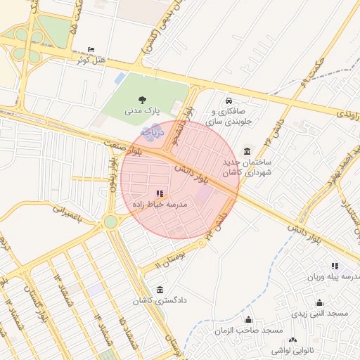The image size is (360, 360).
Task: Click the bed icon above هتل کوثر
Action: [x=91, y=50]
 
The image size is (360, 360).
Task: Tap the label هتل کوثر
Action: [x=91, y=60]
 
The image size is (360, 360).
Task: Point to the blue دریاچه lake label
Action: [x=152, y=131]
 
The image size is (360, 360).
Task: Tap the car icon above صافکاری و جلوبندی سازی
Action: [x=229, y=99]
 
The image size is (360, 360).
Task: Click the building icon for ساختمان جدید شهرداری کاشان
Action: [x=247, y=151]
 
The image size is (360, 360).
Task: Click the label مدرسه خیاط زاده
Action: [x=160, y=203]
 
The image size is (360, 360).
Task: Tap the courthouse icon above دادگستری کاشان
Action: [x=160, y=290]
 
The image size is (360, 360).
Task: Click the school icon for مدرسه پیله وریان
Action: [x=335, y=266]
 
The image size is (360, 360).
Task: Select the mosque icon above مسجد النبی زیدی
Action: [x=319, y=302]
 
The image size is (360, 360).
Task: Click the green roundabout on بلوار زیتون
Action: [x=110, y=222]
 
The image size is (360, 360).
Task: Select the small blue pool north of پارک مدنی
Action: [x=120, y=77]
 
